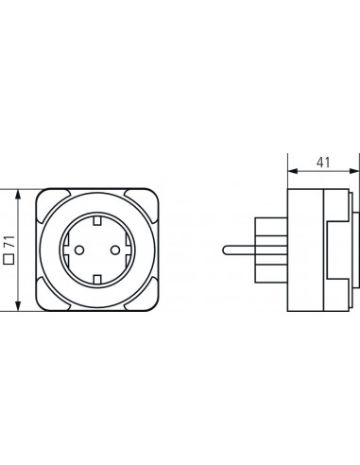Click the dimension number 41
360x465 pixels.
pos(323,163)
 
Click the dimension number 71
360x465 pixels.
pos(10,242)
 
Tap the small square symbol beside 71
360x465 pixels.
pos(9,259)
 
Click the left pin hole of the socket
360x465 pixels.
pos(79,250)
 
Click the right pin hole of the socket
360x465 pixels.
pos(115,250)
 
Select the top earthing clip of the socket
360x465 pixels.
pos(97,221)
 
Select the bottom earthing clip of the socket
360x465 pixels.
pos(97,280)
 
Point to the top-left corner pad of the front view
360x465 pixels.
pos(51,204)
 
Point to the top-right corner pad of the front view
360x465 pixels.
pos(143,204)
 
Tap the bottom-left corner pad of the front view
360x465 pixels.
pos(51,295)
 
